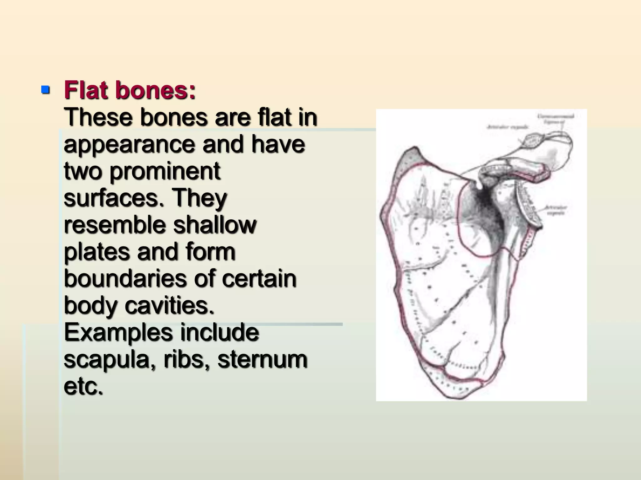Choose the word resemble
(x=115, y=225)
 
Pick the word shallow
(x=215, y=225)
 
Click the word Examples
(x=118, y=332)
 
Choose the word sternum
(x=263, y=359)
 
